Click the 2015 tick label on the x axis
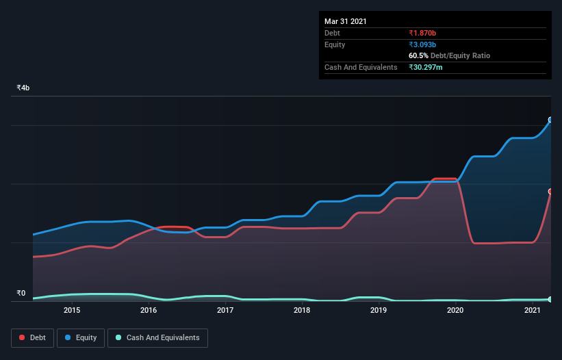tap(72, 310)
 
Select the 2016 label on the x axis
tap(149, 310)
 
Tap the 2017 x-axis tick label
tap(225, 310)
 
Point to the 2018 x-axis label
tap(302, 310)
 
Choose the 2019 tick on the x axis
tap(379, 310)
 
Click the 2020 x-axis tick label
tap(456, 310)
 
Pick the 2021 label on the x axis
tap(533, 310)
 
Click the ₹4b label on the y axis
tap(23, 88)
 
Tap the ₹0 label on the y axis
tap(21, 294)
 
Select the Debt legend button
tap(33, 338)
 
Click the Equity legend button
tap(81, 338)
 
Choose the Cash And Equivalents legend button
tap(157, 338)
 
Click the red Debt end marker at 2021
tap(550, 192)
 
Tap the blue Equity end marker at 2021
tap(550, 120)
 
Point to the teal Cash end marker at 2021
tap(550, 299)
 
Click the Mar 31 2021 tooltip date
tap(346, 21)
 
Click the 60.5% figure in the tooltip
tap(420, 55)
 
